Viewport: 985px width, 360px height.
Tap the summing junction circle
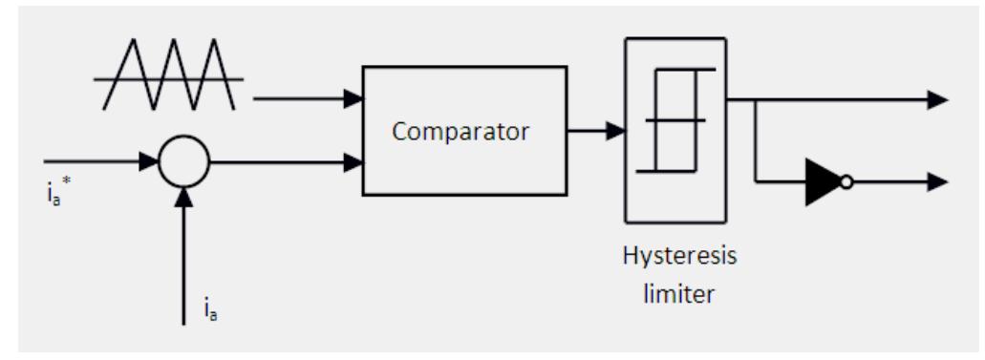tap(183, 164)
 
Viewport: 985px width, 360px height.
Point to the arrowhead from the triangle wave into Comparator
tap(353, 97)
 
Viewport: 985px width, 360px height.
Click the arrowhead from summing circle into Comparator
tap(353, 164)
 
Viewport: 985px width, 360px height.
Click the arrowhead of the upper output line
tap(938, 98)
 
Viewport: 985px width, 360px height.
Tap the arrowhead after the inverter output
tap(938, 181)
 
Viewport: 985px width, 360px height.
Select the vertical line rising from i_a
tap(183, 258)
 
